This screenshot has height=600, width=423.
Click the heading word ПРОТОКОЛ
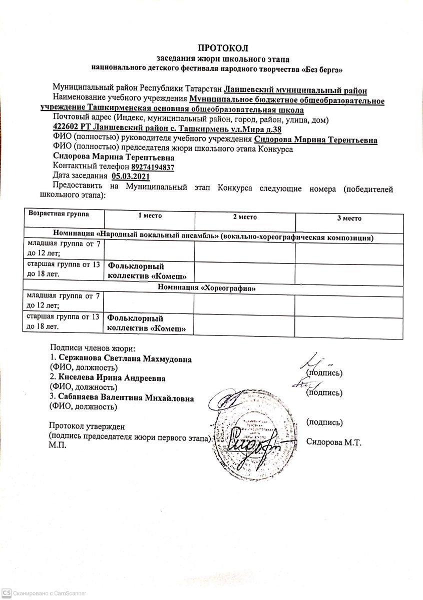[x=223, y=48]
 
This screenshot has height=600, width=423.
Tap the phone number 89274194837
[x=153, y=167]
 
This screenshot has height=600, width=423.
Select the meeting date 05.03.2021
[x=131, y=176]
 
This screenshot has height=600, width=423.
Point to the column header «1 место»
[x=150, y=216]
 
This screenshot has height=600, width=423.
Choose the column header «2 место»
[x=245, y=217]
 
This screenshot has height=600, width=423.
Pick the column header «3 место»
[x=349, y=218]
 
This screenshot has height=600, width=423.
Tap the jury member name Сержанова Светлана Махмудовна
[x=125, y=358]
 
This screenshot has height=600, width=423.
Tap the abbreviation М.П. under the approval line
[x=57, y=445]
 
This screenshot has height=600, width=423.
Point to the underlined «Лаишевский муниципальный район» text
[x=295, y=90]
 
